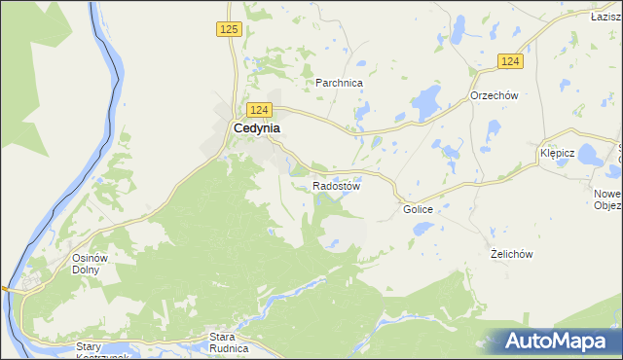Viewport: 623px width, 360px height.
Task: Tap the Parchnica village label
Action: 339,84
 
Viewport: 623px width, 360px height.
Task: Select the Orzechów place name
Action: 494,95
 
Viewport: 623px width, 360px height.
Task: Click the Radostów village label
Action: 337,186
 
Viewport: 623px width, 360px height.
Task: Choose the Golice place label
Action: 417,209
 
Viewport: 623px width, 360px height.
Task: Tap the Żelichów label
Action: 511,254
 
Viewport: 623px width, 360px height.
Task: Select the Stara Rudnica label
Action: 230,342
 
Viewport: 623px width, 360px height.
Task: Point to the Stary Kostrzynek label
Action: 101,351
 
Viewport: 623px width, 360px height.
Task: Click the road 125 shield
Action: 229,30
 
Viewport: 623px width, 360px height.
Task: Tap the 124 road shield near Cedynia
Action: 258,110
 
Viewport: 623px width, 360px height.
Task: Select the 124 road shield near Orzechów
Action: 510,61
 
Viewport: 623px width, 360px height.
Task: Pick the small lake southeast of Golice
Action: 423,229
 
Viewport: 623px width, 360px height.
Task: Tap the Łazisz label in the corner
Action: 606,17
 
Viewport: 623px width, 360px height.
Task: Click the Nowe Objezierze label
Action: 608,199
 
